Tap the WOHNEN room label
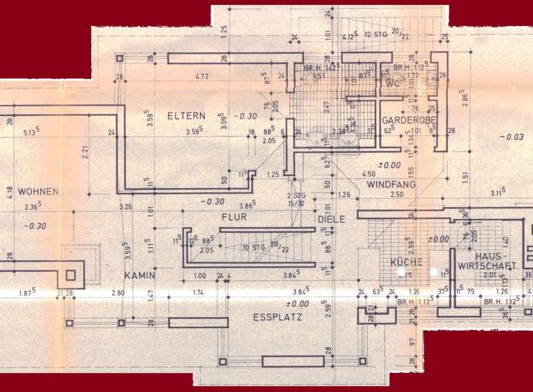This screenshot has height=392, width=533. tap(38, 191)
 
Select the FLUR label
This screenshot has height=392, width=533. tap(233, 217)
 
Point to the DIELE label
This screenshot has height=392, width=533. tap(332, 220)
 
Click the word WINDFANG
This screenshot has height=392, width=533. tap(392, 183)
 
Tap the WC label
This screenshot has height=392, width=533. tap(392, 82)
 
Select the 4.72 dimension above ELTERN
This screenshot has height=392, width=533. tap(201, 76)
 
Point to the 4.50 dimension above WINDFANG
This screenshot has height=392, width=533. tap(367, 175)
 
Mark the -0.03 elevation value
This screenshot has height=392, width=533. tap(512, 138)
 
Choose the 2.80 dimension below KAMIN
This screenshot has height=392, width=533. tap(118, 294)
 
